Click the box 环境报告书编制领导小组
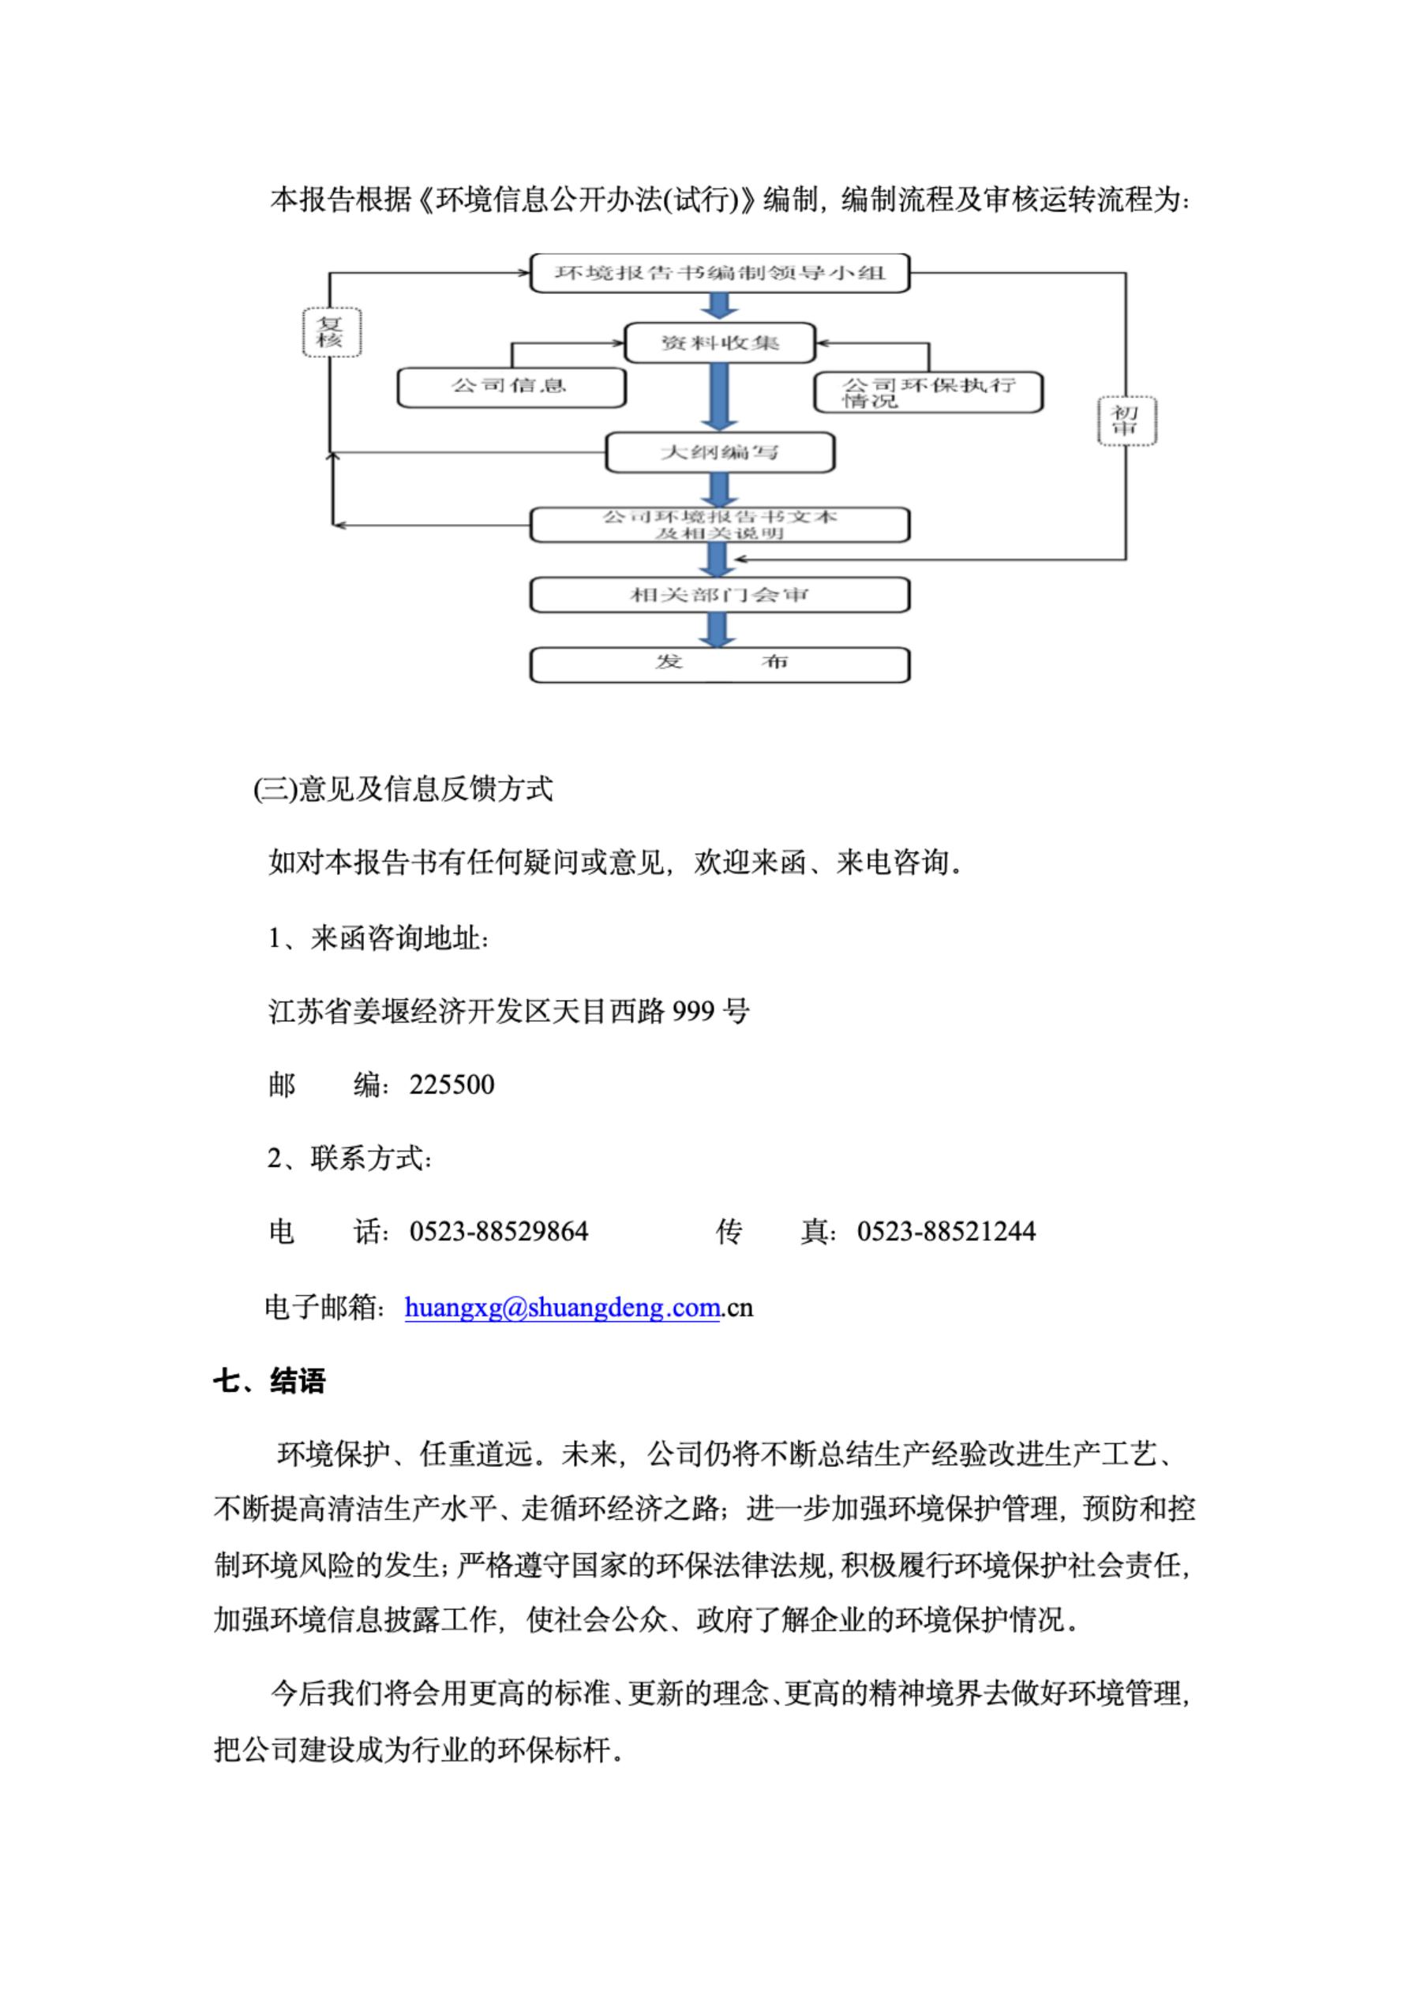pos(719,273)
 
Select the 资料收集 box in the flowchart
pos(719,342)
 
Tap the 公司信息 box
pos(511,387)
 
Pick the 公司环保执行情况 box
pos(927,392)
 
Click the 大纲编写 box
pos(719,452)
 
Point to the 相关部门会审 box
pos(719,595)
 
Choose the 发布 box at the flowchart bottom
pos(719,664)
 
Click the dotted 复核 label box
pos(331,332)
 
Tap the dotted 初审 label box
pos(1126,421)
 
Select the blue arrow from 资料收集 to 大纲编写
pos(718,396)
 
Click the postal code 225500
pos(452,1085)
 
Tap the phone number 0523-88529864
pos(499,1231)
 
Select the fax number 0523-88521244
pos(946,1231)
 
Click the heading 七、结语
pos(270,1380)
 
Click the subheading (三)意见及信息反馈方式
pos(403,790)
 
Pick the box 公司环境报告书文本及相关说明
pos(719,525)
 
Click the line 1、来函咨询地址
pos(379,938)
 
